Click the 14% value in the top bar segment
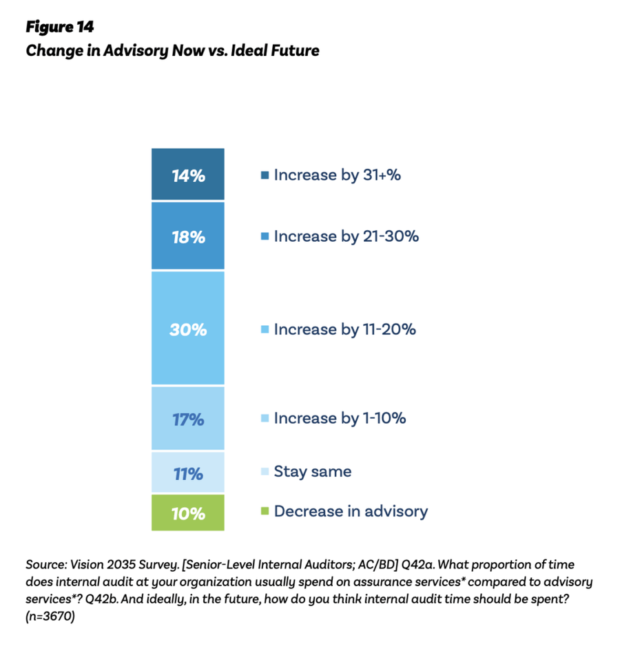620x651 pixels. click(x=188, y=176)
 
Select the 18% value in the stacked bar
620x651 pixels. click(x=188, y=237)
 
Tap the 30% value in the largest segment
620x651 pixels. click(x=188, y=329)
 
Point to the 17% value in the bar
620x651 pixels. click(x=188, y=419)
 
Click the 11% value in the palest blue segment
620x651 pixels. click(x=188, y=473)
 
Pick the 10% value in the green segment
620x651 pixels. click(x=188, y=513)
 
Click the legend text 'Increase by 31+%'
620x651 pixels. click(x=337, y=175)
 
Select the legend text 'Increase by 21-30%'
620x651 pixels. click(x=346, y=236)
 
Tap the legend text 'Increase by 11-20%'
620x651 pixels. click(x=344, y=329)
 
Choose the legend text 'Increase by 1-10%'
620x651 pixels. click(x=340, y=418)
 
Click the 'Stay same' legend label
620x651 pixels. click(x=312, y=472)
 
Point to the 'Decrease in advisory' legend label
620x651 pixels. click(x=351, y=511)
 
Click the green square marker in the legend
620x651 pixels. click(x=264, y=512)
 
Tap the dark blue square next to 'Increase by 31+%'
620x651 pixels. click(x=264, y=176)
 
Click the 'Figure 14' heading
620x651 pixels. click(x=59, y=27)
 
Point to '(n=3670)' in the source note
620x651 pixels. click(x=50, y=617)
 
